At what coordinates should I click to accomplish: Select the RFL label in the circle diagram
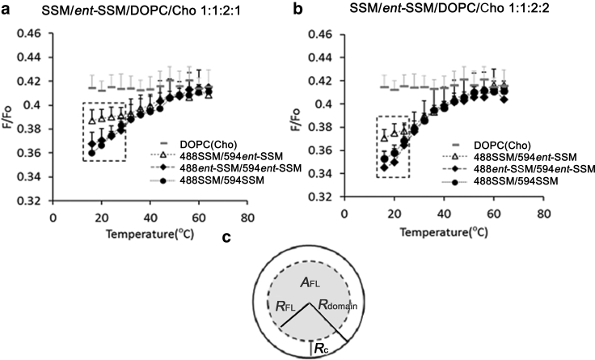click(277, 306)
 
